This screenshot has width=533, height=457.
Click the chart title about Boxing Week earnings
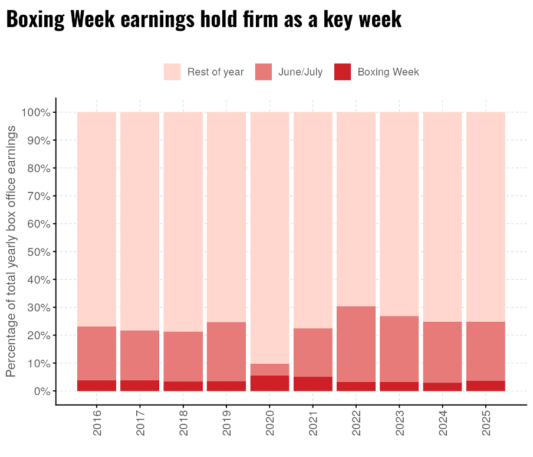tap(204, 19)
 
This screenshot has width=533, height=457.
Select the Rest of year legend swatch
tap(172, 72)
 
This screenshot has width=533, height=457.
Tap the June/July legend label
tap(300, 72)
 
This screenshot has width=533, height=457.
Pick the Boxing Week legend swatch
tap(342, 72)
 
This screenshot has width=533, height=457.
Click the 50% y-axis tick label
tap(37, 252)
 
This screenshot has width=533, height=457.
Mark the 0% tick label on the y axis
tap(40, 391)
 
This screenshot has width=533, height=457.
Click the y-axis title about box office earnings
tap(11, 252)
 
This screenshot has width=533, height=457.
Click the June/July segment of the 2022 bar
tap(356, 344)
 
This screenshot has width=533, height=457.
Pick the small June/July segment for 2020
tap(269, 370)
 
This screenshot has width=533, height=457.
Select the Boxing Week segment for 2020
tap(269, 383)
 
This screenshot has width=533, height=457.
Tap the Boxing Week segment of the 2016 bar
tap(97, 386)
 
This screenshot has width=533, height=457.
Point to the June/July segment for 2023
tap(399, 349)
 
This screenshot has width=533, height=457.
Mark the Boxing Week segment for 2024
tap(442, 387)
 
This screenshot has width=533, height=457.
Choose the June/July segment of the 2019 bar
tap(226, 352)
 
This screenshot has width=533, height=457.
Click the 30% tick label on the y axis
tap(37, 308)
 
